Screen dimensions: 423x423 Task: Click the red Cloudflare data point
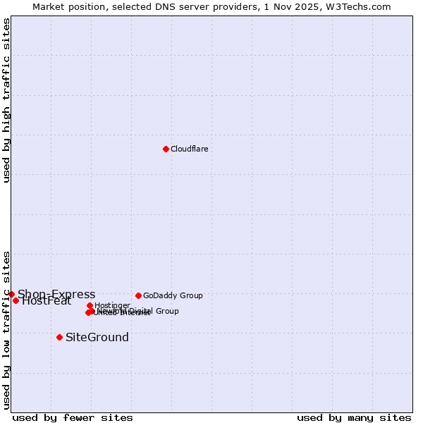click(x=166, y=149)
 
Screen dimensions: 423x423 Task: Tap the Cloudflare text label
click(x=189, y=149)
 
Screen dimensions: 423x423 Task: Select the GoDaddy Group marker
click(x=138, y=295)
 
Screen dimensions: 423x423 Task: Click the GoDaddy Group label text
click(x=173, y=295)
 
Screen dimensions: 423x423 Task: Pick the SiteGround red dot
click(x=59, y=337)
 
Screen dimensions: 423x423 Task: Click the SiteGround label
click(x=97, y=337)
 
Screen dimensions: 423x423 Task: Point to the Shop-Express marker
click(x=11, y=294)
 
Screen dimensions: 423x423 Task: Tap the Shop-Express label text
click(x=56, y=294)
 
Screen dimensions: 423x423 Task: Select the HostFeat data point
click(x=16, y=300)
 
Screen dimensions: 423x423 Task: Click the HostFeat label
click(x=47, y=301)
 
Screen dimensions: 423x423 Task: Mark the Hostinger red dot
click(x=90, y=305)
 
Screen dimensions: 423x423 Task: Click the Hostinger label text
click(x=112, y=305)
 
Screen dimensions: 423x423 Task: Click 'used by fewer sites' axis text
click(x=73, y=417)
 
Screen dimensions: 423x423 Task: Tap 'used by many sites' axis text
click(x=354, y=417)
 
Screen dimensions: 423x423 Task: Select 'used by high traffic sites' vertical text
click(x=6, y=100)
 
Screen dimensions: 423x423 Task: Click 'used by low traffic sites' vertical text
click(x=6, y=330)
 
